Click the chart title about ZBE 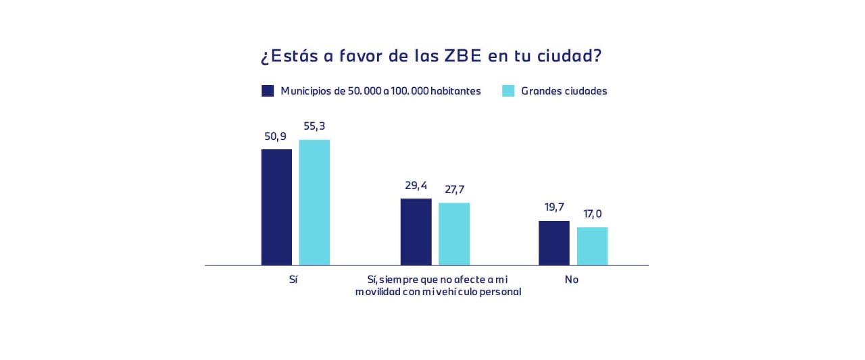pos(431,56)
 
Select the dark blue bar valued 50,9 pos(276,207)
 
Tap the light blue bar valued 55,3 pos(314,202)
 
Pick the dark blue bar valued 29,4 pos(416,232)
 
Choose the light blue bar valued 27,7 pos(454,234)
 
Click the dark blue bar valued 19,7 pos(554,242)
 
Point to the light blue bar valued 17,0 pos(592,246)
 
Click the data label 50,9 pos(276,136)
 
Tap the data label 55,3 pos(314,126)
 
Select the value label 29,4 pos(416,186)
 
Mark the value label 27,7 pos(454,190)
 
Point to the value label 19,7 pos(554,207)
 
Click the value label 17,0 pos(592,214)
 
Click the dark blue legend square pos(268,91)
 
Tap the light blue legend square pos(508,91)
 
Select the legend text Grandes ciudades pos(564,91)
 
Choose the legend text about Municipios pos(380,91)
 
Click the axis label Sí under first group pos(293,280)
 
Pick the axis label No pos(572,280)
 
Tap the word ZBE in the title pos(462,56)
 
